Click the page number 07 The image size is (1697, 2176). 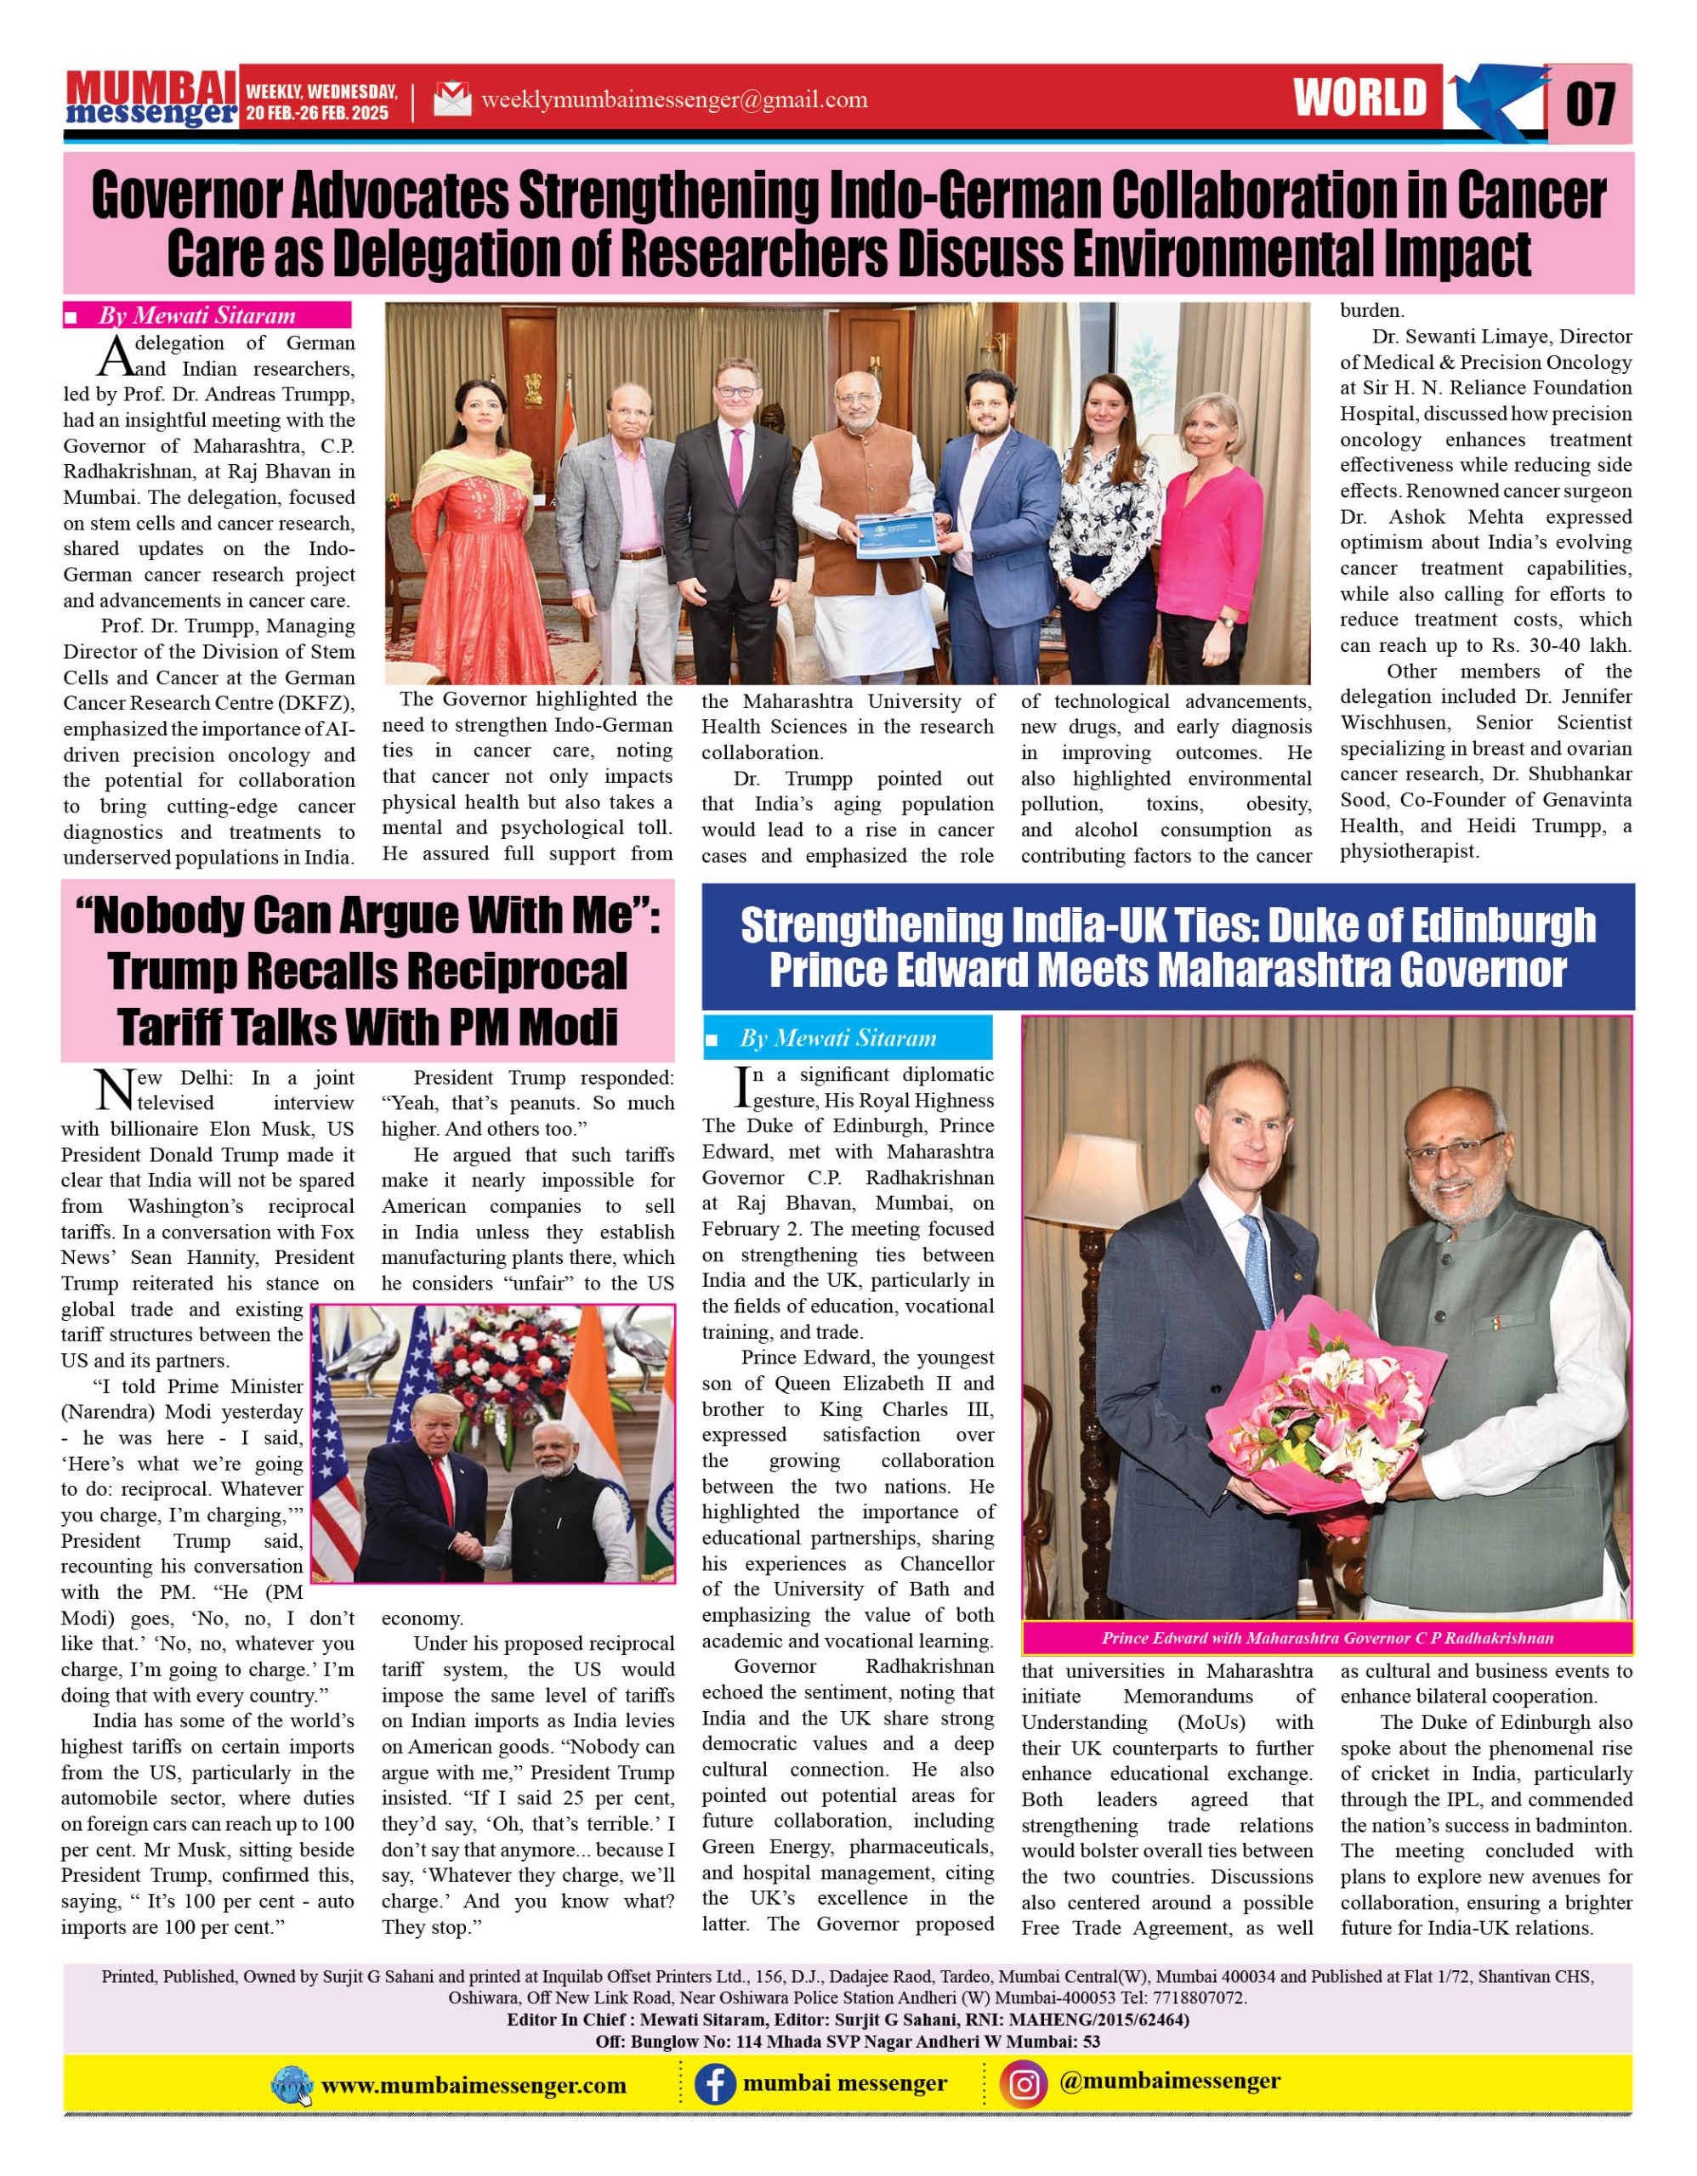[1591, 104]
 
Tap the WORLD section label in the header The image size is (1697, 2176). [1360, 99]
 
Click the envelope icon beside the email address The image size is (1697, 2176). [451, 99]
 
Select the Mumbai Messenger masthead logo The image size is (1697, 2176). [151, 99]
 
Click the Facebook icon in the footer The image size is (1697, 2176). [714, 2083]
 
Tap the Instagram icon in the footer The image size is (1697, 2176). [1024, 2083]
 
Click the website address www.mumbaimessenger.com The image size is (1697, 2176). [474, 2085]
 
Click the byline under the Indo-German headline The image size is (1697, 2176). [197, 316]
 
